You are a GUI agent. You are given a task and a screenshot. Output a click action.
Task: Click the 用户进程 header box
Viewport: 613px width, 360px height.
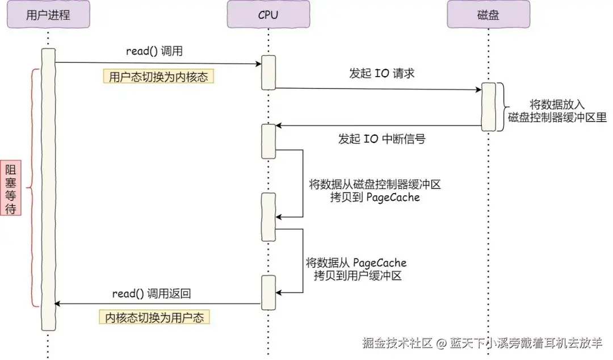[48, 14]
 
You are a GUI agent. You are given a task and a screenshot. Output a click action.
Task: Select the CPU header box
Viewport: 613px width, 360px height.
[268, 14]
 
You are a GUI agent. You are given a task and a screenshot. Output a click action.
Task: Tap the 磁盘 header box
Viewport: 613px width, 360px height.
[488, 14]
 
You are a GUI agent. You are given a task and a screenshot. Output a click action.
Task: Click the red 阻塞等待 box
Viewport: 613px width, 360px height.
[11, 187]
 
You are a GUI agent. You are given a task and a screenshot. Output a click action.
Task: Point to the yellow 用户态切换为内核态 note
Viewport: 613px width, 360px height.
[158, 76]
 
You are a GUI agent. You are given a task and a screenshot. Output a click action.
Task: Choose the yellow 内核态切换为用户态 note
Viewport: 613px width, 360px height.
[154, 317]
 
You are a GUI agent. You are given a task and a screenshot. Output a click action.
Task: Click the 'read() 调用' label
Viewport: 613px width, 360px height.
[154, 51]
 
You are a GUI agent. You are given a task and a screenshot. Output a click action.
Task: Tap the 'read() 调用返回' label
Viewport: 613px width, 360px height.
[152, 294]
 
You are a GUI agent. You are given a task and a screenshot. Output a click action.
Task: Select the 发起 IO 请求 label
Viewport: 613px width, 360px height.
[381, 73]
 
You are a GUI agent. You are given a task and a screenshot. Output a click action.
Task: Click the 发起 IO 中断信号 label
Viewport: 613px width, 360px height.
[381, 139]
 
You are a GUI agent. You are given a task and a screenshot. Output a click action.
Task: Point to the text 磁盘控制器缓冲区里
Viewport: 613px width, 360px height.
[557, 118]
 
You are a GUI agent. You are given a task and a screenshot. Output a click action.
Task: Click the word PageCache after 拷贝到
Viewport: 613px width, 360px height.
[393, 197]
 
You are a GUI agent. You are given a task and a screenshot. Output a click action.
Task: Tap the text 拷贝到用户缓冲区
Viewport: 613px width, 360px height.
[358, 275]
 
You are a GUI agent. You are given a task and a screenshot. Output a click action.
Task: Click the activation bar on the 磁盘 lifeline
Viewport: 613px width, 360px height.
[488, 107]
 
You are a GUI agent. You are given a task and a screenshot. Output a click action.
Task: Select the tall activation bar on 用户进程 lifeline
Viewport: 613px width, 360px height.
[48, 190]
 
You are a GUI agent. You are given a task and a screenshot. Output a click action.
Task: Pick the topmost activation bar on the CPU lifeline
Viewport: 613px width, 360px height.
[268, 73]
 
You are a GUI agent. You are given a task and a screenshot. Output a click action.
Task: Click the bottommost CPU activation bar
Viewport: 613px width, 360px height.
[268, 292]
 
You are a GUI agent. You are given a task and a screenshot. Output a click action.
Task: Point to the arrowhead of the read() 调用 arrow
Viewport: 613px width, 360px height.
[258, 64]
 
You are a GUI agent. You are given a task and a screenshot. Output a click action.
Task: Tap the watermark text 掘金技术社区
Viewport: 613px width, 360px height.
[397, 343]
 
